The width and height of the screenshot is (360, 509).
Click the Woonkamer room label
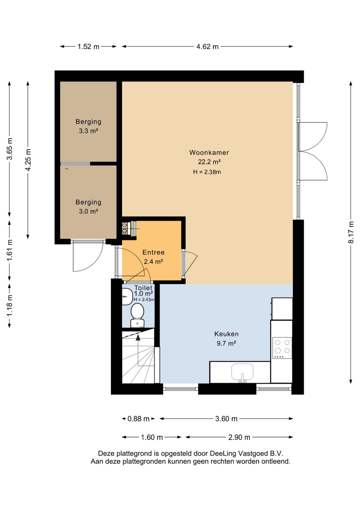coord(209,152)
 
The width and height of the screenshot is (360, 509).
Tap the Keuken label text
coord(226,334)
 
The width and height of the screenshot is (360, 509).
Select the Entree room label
coord(153,252)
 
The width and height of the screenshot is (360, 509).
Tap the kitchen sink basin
coord(242,372)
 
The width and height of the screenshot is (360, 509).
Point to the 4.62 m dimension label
coord(207,47)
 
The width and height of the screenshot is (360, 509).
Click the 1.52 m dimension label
coord(88,47)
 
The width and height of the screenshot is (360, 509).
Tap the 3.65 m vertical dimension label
coord(10,149)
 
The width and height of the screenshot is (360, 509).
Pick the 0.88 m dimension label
coord(138,419)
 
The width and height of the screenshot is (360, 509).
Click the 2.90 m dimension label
coord(239,437)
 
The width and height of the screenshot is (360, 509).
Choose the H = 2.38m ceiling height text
coord(207,172)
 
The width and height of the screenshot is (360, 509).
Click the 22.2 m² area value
coord(209,162)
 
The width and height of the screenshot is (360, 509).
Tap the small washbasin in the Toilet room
coord(127,297)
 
